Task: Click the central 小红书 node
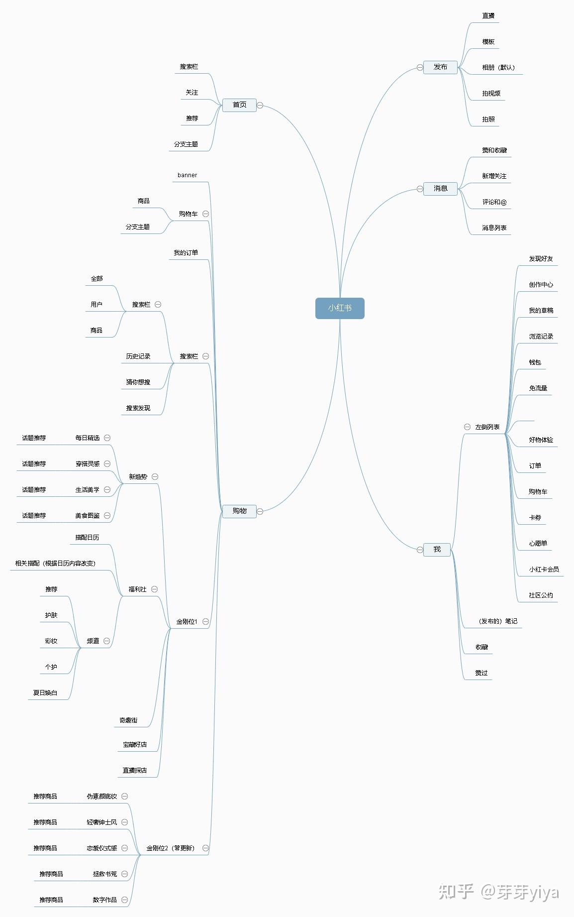pos(340,308)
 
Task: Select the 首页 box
pos(239,105)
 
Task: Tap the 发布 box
pos(440,67)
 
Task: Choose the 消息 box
pos(440,189)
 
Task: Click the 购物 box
pos(239,511)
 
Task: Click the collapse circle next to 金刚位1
pos(205,622)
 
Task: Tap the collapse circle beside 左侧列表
pos(467,427)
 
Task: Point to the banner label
pos(187,175)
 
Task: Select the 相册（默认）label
pos(498,68)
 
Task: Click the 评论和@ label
pos(494,202)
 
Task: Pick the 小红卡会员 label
pos(544,570)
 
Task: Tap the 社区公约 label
pos(541,595)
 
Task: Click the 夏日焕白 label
pos(45,693)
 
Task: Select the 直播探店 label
pos(135,771)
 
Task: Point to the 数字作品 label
pos(104,900)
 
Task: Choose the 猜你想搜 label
pos(138,382)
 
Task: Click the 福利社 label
pos(137,589)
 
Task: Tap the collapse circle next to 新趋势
pos(155,476)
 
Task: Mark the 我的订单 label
pos(186,253)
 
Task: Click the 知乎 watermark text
pos(456,892)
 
